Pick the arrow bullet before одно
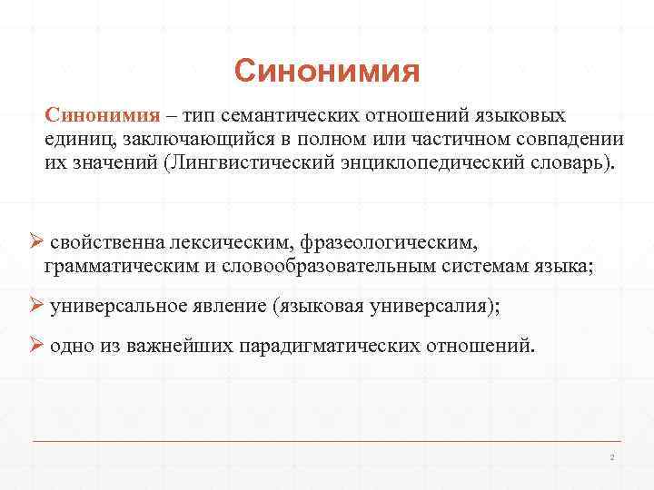[x=36, y=346]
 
